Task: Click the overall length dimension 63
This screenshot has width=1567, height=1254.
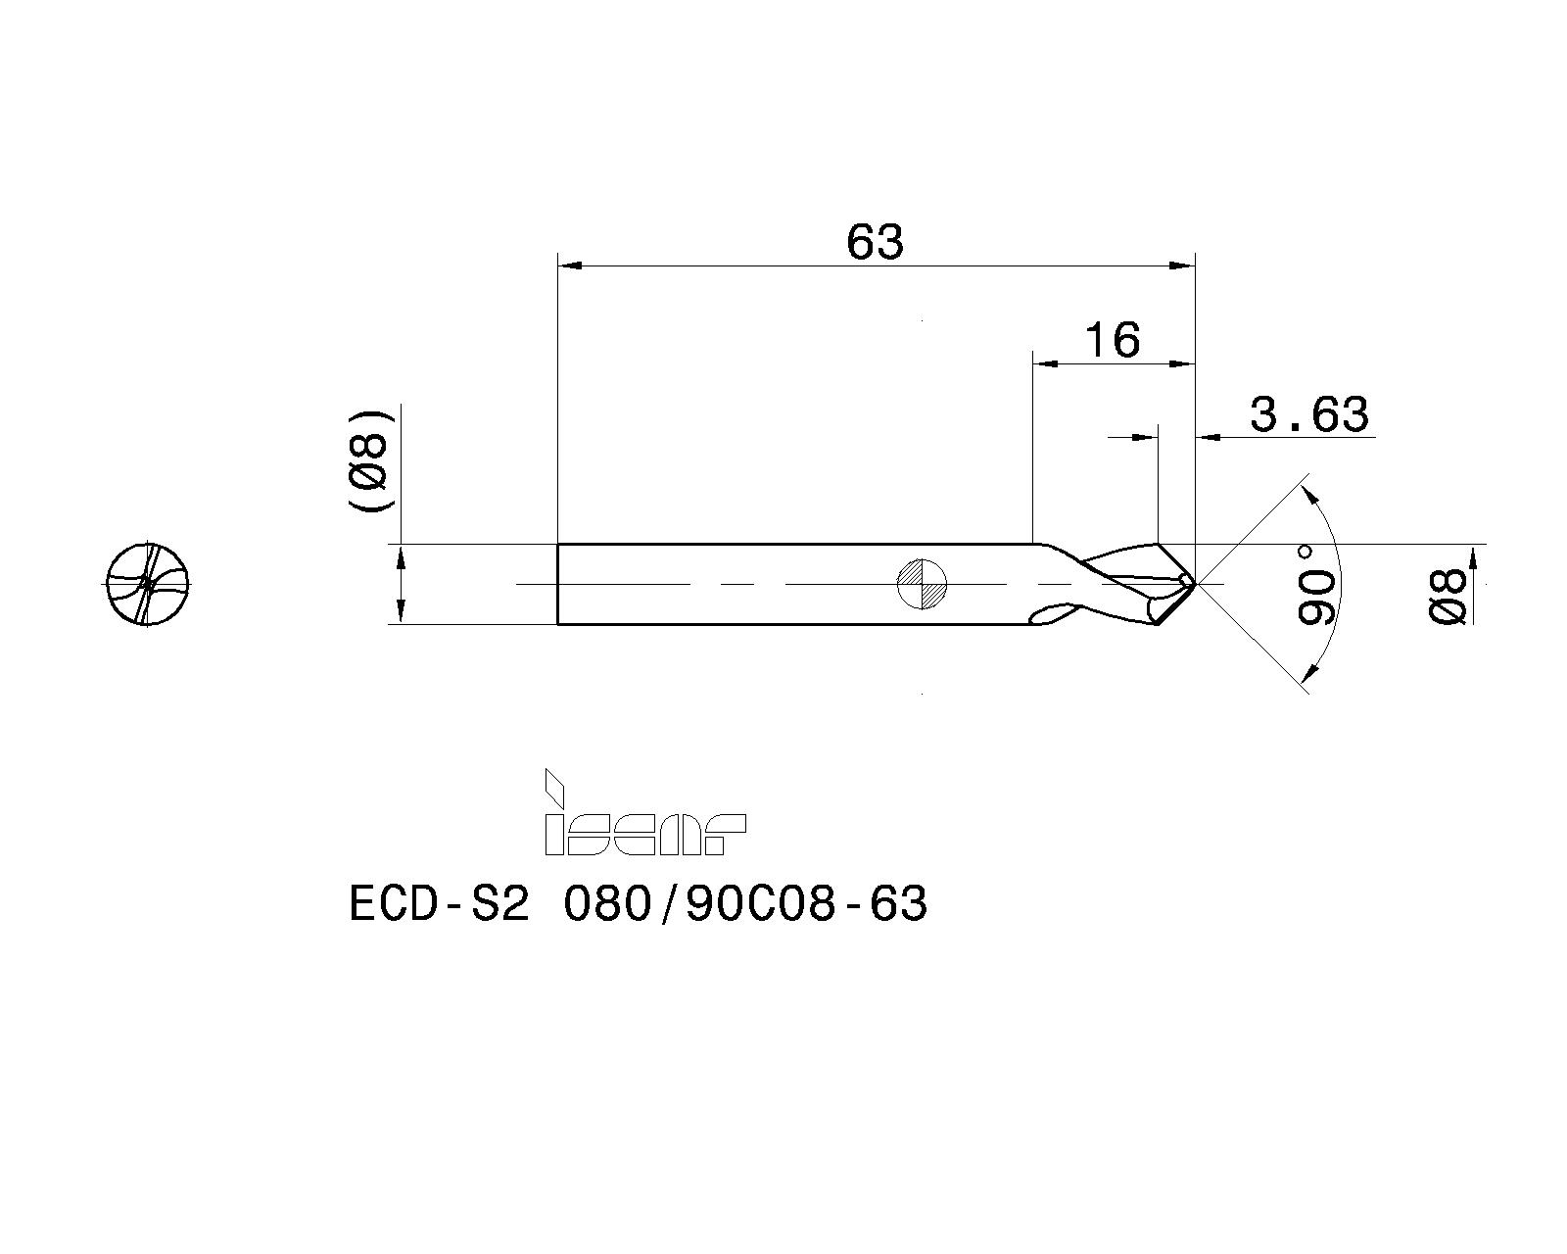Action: pyautogui.click(x=875, y=242)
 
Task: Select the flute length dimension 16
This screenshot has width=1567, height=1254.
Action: pyautogui.click(x=1112, y=340)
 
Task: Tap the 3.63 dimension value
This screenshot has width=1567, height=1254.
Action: pyautogui.click(x=1309, y=414)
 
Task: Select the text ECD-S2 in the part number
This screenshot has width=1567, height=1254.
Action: pyautogui.click(x=439, y=904)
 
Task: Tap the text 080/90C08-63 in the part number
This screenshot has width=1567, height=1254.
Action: pyautogui.click(x=745, y=904)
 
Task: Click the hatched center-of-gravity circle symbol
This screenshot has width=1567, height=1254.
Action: pyautogui.click(x=922, y=584)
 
